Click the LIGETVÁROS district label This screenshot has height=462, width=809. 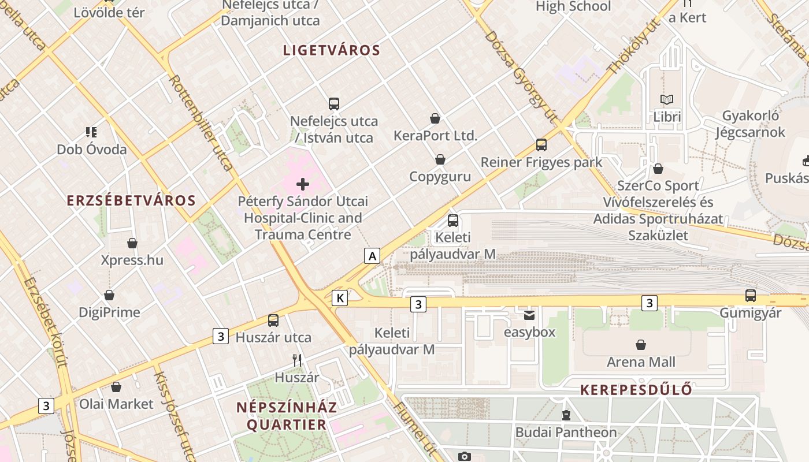coord(332,50)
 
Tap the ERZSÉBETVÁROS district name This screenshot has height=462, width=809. coord(131,200)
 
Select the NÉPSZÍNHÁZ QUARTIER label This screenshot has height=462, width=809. coord(287,416)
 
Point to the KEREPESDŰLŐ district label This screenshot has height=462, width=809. coord(636,390)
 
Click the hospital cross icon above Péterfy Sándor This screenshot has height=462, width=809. coord(303,184)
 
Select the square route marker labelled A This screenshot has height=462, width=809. coord(372,255)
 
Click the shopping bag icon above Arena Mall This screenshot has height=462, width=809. coord(641,345)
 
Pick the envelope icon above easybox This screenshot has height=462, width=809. coord(529,315)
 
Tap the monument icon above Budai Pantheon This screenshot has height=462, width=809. coord(566,415)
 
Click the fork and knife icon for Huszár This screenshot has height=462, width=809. coord(297,360)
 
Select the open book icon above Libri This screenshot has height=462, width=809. coord(667,99)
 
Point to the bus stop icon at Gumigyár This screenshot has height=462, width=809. coord(750,296)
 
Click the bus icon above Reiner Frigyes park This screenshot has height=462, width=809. coord(541,145)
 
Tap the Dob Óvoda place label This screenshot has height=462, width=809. coord(91,150)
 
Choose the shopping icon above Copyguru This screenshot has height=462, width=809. coord(440,159)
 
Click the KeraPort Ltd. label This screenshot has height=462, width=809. coord(435,136)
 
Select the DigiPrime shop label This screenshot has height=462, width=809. coord(109,312)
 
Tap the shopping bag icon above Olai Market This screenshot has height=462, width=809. coord(116,387)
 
